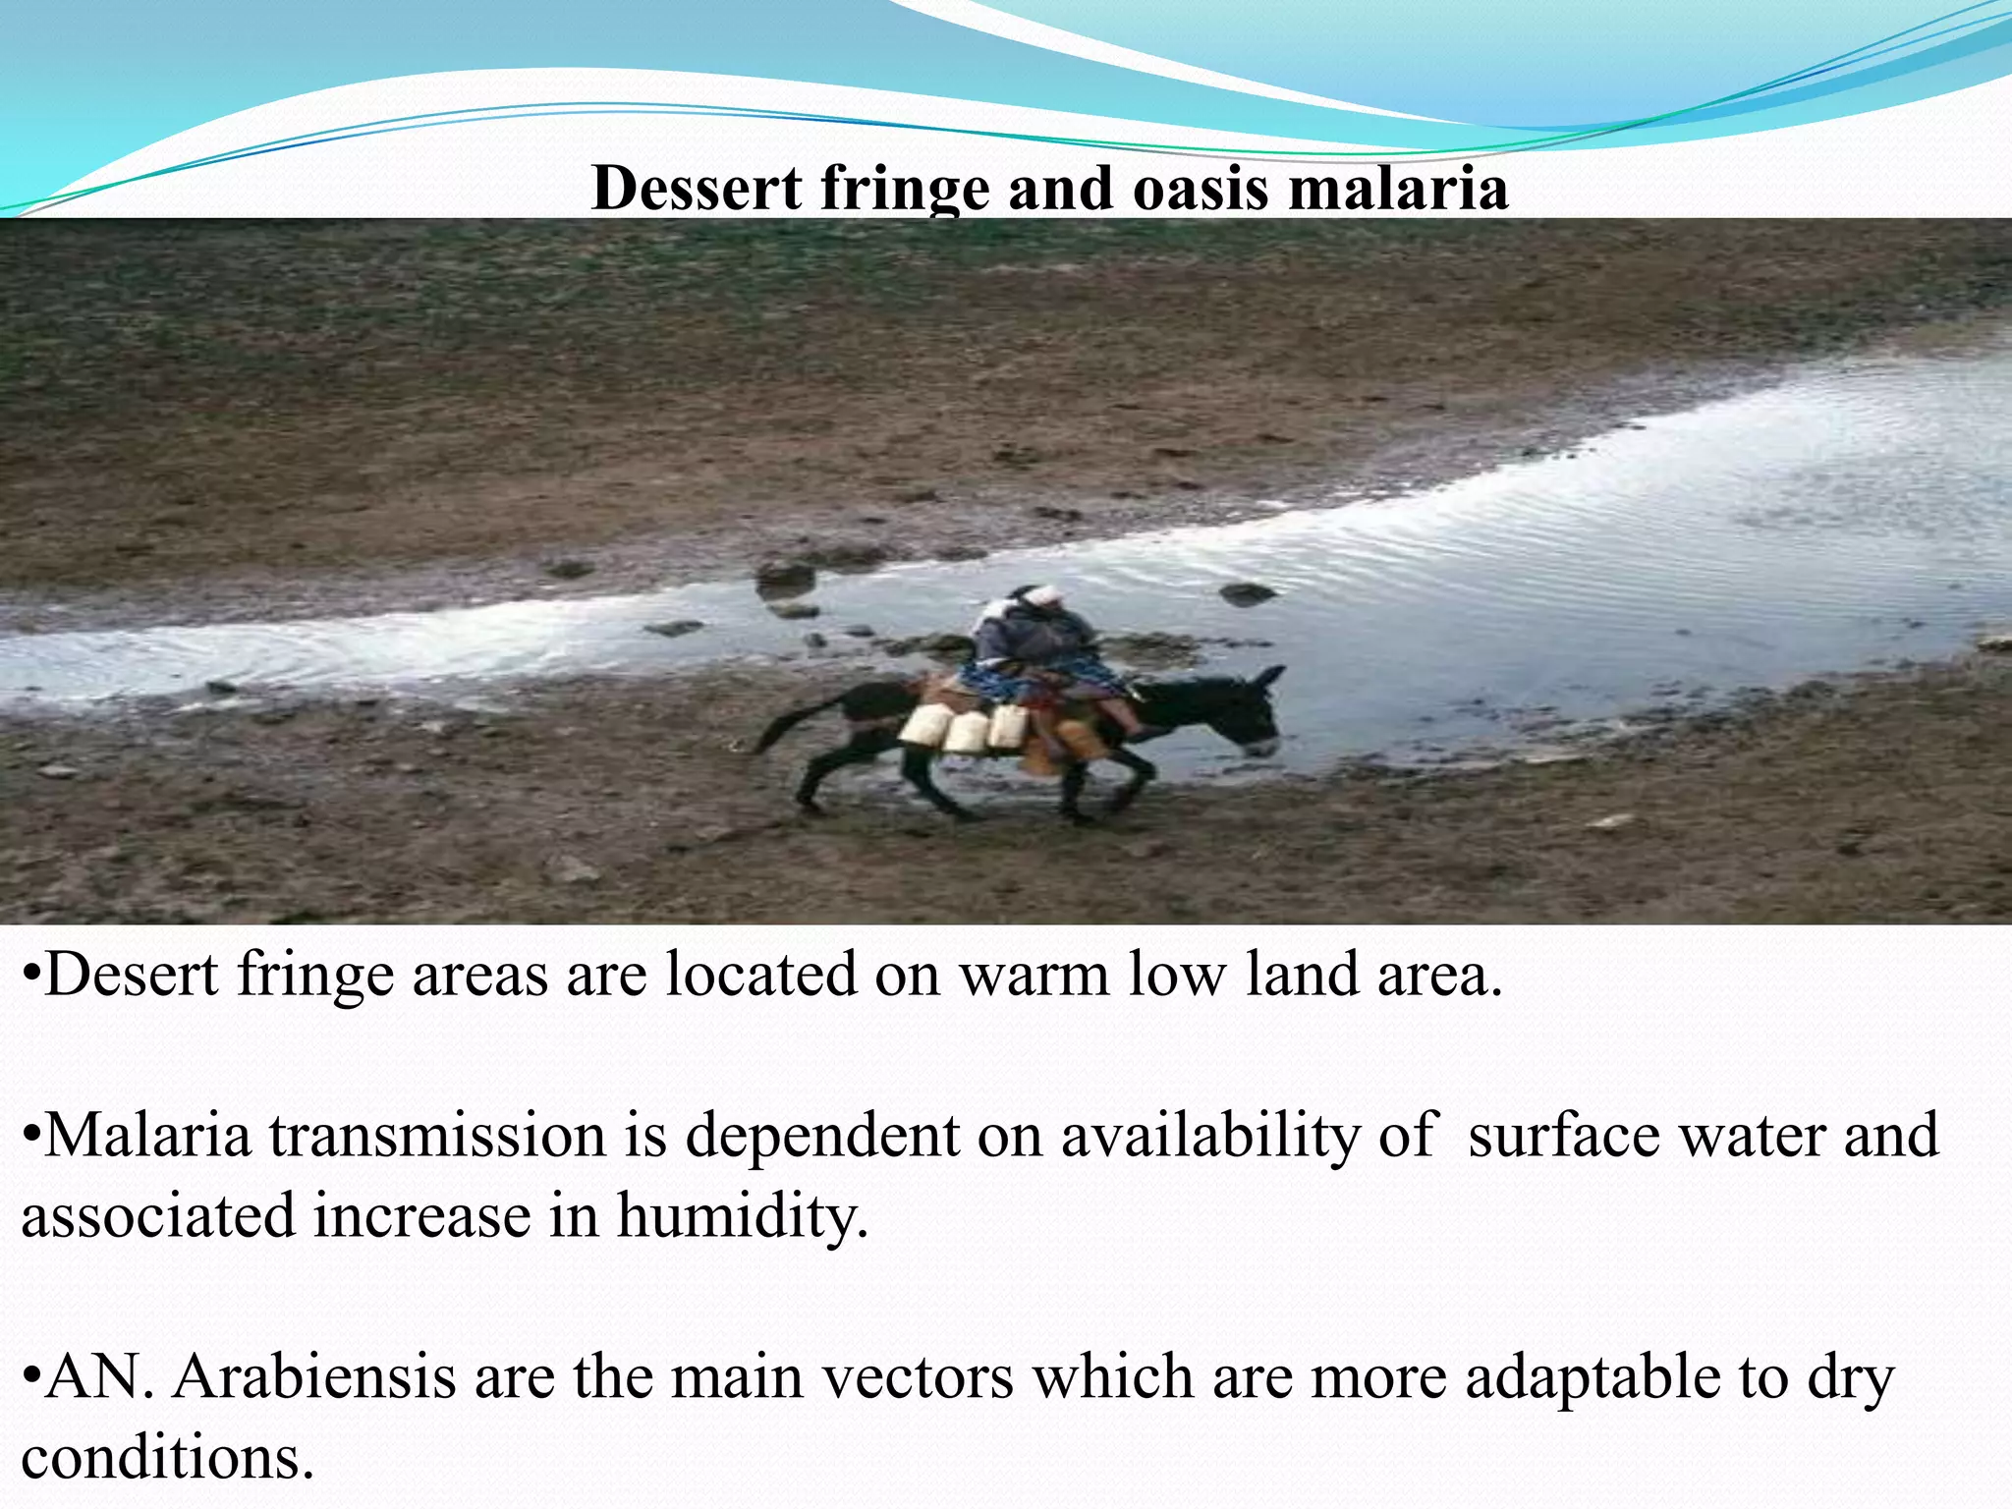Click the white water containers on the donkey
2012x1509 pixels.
[x=963, y=730]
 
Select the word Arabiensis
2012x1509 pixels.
[x=314, y=1377]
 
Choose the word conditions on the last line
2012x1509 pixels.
[x=167, y=1457]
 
